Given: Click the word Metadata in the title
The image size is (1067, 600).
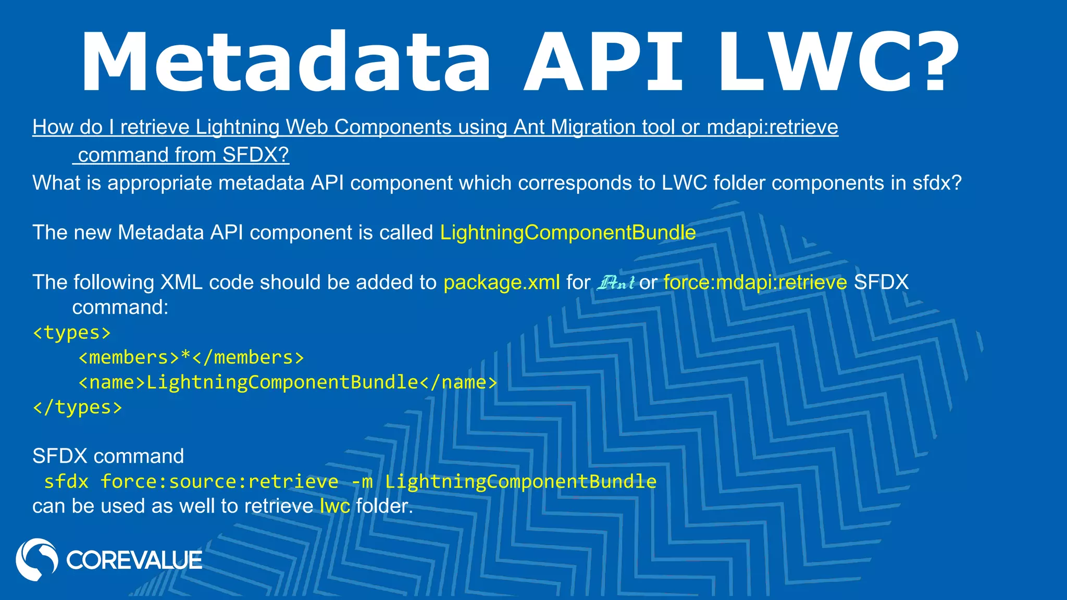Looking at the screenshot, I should pos(286,63).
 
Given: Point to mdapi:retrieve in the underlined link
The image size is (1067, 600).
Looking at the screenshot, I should pos(772,127).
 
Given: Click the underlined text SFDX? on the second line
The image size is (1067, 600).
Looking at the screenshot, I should pos(255,155).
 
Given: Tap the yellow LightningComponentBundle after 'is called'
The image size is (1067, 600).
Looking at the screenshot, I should pos(568,232).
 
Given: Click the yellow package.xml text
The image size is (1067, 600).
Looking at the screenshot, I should pos(502,282).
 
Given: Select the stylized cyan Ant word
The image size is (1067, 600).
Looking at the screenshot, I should pos(616,282).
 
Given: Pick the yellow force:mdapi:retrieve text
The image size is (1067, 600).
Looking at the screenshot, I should pos(755,282).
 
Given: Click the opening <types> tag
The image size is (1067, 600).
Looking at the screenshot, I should pos(72,332).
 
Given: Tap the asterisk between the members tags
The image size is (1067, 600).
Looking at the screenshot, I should pos(185,357).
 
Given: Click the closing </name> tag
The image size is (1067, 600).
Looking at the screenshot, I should pos(458,382).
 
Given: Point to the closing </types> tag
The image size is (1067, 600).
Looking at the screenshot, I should pos(78,407).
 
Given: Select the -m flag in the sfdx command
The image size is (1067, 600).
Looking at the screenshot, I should pos(362,481).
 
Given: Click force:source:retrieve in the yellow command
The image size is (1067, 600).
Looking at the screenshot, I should pos(219,481).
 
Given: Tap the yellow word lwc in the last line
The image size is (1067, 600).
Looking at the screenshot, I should pos(334,506).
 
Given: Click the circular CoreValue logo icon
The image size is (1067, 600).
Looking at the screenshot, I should pos(36,559).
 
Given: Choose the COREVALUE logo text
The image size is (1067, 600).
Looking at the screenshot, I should pos(134,560).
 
